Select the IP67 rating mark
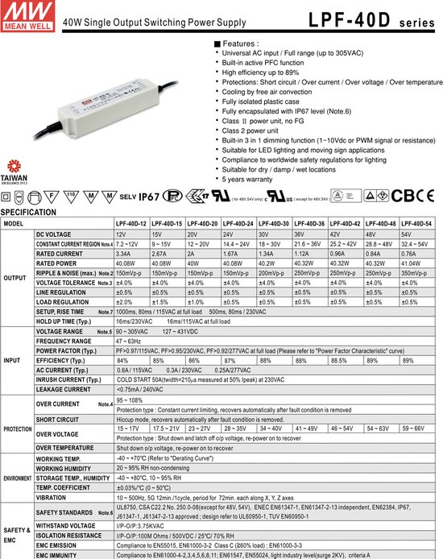(151, 195)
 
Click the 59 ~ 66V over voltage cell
(417, 429)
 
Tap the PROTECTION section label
(17, 429)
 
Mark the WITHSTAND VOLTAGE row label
(65, 526)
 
